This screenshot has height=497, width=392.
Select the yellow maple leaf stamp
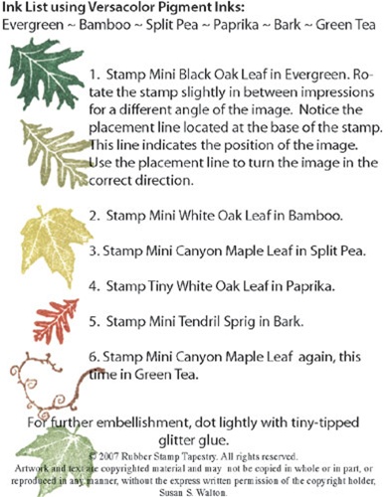click(55, 244)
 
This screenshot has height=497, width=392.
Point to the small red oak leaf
click(57, 321)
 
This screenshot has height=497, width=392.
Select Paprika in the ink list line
click(236, 25)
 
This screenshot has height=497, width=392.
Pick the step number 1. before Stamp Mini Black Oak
click(95, 75)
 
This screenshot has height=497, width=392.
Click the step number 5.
click(95, 321)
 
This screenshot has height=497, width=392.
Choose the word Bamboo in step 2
click(315, 216)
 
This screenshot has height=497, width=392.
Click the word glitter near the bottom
click(176, 440)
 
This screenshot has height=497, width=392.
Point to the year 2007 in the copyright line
click(109, 456)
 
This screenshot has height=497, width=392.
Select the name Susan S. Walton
click(193, 492)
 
